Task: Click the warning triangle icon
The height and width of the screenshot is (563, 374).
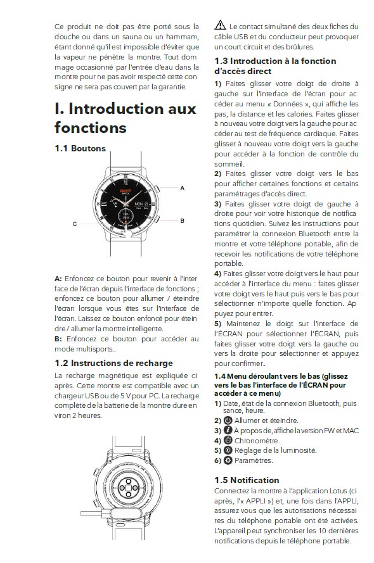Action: point(220,25)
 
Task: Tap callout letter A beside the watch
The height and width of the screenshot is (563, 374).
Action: point(182,188)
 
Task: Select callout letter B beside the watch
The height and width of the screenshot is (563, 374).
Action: point(182,221)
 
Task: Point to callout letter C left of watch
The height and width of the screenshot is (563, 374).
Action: point(75,224)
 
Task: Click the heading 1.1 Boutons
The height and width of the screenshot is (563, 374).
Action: point(80,148)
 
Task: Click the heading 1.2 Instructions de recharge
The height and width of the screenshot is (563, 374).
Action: point(113,363)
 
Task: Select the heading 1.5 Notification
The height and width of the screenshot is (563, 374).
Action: point(247,480)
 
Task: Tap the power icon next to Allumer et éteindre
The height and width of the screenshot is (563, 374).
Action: point(228,421)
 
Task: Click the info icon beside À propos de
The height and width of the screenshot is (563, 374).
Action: point(228,430)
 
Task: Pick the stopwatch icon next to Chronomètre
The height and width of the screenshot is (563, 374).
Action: point(228,440)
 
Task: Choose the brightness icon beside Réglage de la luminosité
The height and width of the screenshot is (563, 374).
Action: point(228,450)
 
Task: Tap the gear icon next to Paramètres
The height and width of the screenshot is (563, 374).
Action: point(228,460)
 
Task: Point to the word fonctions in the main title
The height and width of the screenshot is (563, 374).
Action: point(91,127)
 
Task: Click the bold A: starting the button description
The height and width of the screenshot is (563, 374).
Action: point(58,279)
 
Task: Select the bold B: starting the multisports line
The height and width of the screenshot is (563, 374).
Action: point(58,339)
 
